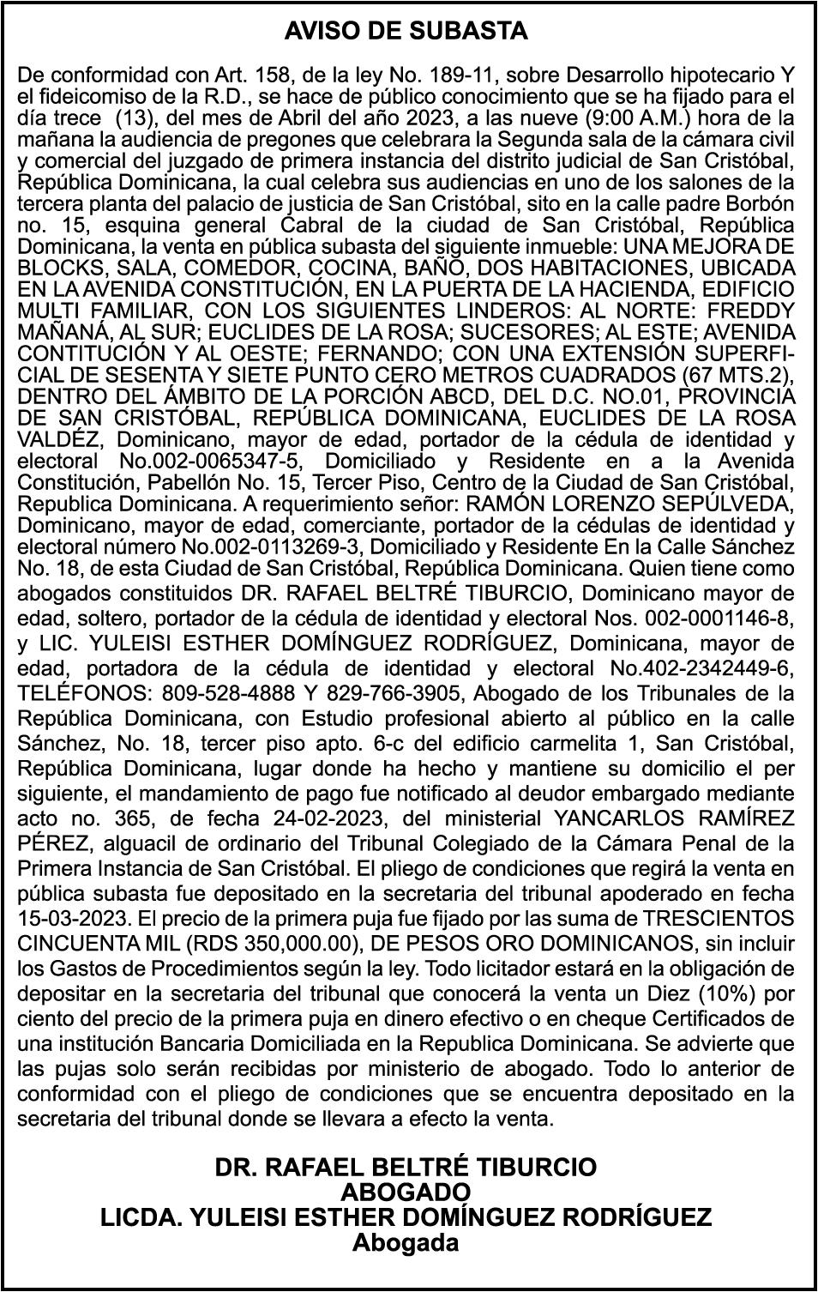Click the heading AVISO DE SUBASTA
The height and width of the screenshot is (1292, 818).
[x=406, y=32]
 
